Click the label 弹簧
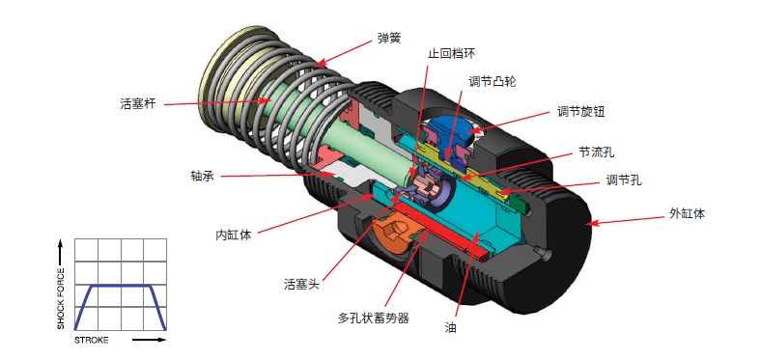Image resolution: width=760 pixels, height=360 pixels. [x=389, y=39]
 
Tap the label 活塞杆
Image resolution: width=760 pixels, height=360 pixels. [x=138, y=103]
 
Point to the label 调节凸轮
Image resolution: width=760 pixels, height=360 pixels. [x=492, y=81]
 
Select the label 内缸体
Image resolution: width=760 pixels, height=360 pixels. [x=234, y=235]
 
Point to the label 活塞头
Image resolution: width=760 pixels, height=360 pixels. [x=302, y=284]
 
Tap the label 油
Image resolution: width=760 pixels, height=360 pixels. [x=450, y=327]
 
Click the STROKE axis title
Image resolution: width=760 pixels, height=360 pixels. [x=92, y=340]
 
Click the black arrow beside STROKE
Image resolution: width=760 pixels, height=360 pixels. [x=149, y=340]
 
